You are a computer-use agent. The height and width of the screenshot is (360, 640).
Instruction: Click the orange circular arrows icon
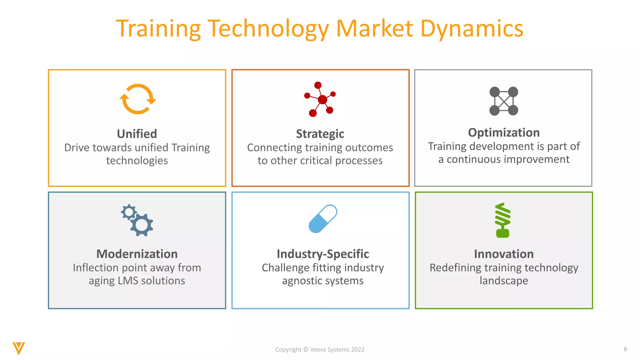pos(137,99)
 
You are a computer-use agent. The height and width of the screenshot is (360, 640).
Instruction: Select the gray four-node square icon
pos(503,101)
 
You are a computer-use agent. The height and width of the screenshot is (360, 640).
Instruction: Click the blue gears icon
pos(137,220)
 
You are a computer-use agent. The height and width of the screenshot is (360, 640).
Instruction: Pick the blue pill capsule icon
pos(322,219)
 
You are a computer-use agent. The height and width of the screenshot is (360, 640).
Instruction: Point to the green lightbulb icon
pos(503,220)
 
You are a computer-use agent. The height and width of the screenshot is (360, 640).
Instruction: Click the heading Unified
pos(137,134)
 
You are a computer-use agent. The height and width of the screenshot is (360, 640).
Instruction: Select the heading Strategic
pos(320,134)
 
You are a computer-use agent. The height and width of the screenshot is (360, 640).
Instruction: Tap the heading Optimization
pos(504,132)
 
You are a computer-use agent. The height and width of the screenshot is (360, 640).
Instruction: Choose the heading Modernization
pos(137,254)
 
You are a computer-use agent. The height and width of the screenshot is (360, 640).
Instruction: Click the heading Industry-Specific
pos(323,254)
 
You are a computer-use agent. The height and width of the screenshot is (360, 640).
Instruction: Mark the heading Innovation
pos(504,254)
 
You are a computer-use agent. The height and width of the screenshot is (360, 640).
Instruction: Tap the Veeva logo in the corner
pos(19,348)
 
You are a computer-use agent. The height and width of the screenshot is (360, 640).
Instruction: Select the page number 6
pos(625,349)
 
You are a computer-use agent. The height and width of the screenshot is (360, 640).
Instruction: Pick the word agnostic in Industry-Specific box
pos(302,281)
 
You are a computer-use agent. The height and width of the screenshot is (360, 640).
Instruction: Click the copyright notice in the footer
pos(320,349)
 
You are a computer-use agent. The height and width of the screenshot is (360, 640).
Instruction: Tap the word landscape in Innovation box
pos(504,281)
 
